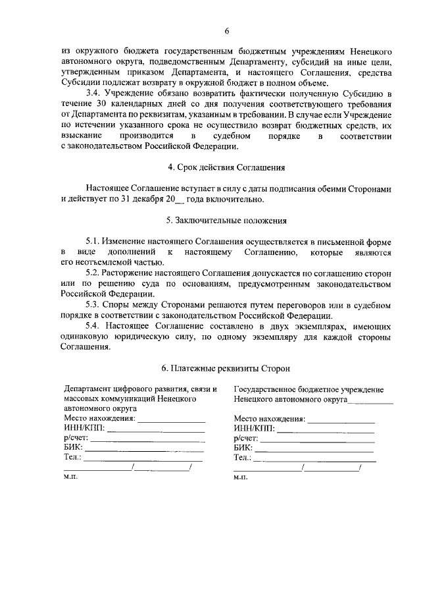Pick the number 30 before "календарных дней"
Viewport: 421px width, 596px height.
pyautogui.click(x=97, y=105)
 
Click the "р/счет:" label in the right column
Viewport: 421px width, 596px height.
pyautogui.click(x=245, y=439)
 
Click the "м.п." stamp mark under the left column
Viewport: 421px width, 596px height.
pyautogui.click(x=70, y=478)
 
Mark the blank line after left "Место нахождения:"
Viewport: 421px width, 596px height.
pyautogui.click(x=171, y=420)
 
